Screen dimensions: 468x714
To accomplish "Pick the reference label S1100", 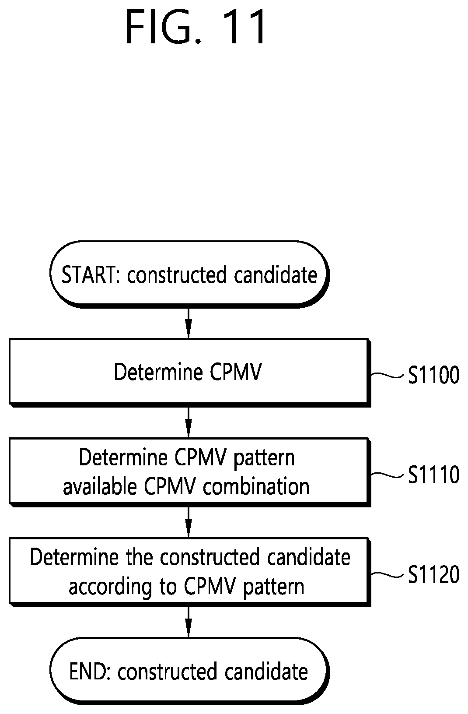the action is [x=433, y=375].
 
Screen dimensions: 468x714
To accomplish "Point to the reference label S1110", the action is [x=433, y=475].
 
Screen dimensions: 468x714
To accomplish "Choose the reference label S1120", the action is [x=433, y=574].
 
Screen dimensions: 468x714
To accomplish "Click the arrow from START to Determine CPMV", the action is [x=189, y=323].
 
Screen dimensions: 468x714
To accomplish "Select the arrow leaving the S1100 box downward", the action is [x=189, y=422].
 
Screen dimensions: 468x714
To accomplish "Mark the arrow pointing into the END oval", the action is [x=189, y=622].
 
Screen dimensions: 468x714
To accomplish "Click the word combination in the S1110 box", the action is [x=256, y=487].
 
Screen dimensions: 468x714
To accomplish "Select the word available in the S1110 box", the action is [x=100, y=487].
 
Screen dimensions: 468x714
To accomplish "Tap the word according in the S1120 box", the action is [x=110, y=587].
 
